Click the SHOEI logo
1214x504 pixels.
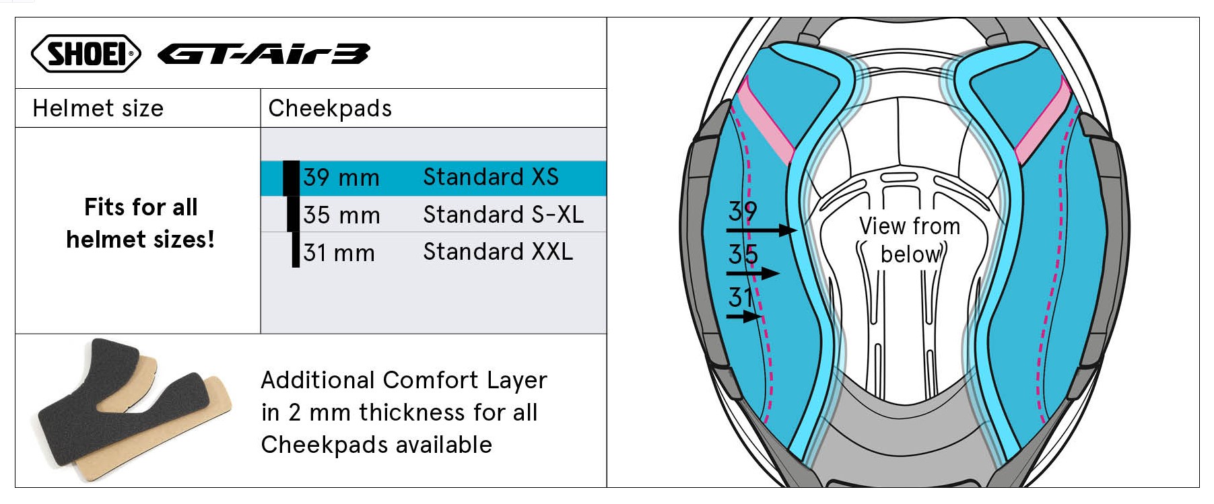[x=86, y=53]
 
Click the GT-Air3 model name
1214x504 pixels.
[x=263, y=54]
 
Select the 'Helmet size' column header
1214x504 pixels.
[x=98, y=108]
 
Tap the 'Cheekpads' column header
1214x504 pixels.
[x=330, y=108]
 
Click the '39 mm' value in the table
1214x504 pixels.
[x=341, y=178]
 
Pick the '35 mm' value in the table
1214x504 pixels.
[x=341, y=215]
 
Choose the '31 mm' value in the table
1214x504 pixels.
[x=339, y=253]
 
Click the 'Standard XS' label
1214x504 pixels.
[x=491, y=177]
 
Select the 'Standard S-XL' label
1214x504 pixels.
[x=503, y=215]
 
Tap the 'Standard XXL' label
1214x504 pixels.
[x=498, y=252]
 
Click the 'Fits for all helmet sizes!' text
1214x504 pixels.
[x=141, y=223]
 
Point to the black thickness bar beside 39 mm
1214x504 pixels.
[x=291, y=178]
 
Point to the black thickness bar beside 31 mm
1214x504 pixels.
[x=296, y=250]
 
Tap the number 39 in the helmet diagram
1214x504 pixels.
[x=743, y=211]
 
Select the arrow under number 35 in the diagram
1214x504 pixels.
[x=753, y=273]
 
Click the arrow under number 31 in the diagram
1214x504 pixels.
[x=744, y=316]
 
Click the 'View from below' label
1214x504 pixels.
[x=910, y=240]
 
